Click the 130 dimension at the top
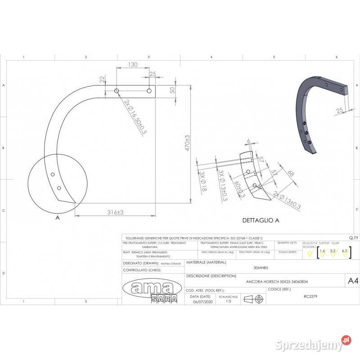(133, 65)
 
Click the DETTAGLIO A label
(261, 220)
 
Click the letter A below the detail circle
(57, 217)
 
